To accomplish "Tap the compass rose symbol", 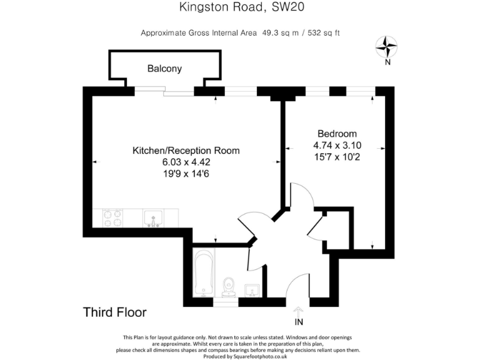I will point(387,46).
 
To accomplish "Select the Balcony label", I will point(164,69).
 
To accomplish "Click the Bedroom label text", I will point(337,134).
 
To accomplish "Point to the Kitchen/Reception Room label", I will point(186,151).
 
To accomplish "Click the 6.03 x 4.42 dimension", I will point(186,162).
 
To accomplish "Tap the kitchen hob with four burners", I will point(113,218).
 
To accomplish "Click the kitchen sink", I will point(153,218).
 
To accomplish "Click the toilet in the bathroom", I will point(228,287).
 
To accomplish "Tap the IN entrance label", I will point(299,322).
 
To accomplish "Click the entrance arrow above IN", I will point(299,311).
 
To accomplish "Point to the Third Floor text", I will point(115,312).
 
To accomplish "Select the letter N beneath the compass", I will point(387,61).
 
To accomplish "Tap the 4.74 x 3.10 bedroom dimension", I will point(337,145).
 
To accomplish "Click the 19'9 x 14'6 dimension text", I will point(186,173).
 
